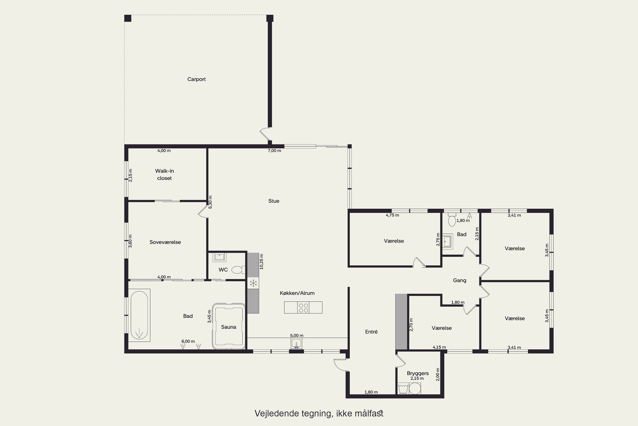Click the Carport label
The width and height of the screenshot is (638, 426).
click(196, 79)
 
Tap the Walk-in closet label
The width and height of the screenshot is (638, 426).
click(164, 174)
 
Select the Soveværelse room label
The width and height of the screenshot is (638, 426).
click(165, 242)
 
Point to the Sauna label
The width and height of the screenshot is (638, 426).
click(228, 327)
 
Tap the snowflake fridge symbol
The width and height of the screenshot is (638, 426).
click(253, 283)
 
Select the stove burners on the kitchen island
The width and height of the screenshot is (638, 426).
click(303, 307)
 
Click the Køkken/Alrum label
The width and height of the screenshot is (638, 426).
click(297, 293)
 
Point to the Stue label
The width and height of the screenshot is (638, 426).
click(274, 201)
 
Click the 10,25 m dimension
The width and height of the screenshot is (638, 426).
click(262, 261)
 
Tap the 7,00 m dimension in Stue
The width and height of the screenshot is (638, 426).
click(275, 151)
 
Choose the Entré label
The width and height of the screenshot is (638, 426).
click(371, 332)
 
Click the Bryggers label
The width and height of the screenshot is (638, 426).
click(418, 373)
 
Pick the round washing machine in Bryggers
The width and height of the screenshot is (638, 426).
click(415, 389)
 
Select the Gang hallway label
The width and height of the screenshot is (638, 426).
click(460, 280)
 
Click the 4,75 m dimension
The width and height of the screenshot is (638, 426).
click(392, 215)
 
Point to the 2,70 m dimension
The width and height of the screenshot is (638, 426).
click(411, 325)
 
